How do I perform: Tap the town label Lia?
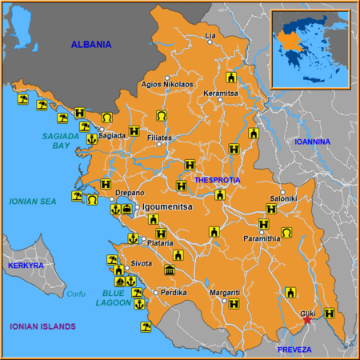pyautogui.click(x=211, y=36)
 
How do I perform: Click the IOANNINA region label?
pyautogui.click(x=312, y=142)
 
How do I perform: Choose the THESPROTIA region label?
pyautogui.click(x=217, y=180)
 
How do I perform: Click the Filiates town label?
pyautogui.click(x=160, y=138)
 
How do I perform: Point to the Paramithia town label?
pyautogui.click(x=262, y=238)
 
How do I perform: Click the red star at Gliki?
pyautogui.click(x=307, y=320)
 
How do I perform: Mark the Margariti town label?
pyautogui.click(x=224, y=293)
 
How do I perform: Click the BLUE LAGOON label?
pyautogui.click(x=102, y=298)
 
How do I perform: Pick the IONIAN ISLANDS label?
pyautogui.click(x=42, y=326)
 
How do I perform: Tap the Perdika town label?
pyautogui.click(x=174, y=293)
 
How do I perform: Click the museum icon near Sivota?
pyautogui.click(x=169, y=270)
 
